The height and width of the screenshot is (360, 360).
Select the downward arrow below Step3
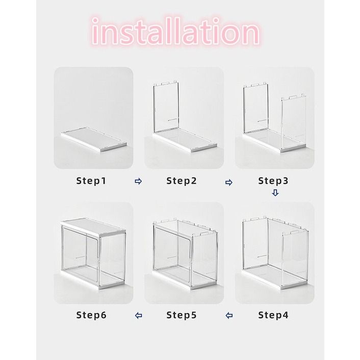(275, 193)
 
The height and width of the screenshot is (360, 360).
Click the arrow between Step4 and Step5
(228, 316)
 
